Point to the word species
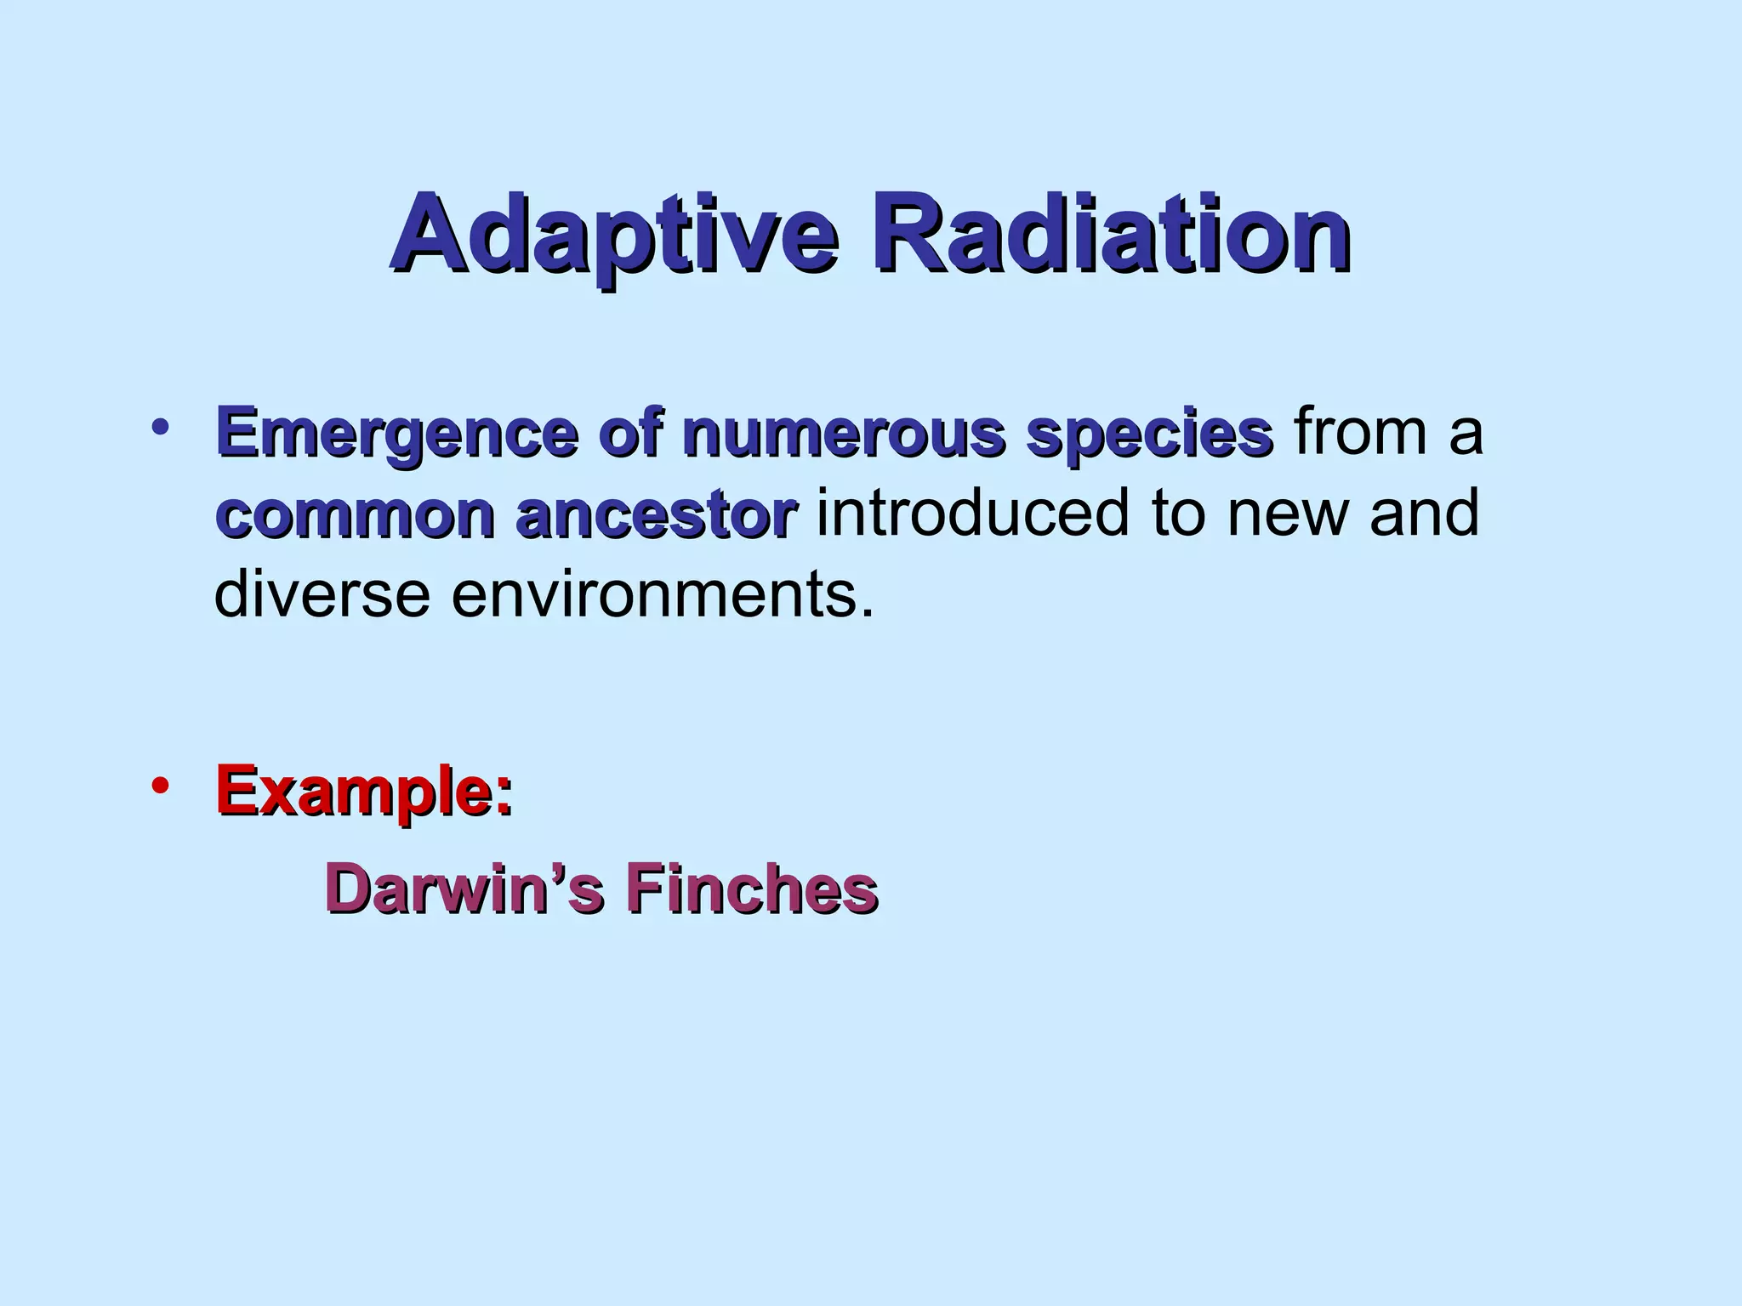[1149, 434]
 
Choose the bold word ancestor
[656, 515]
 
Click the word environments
[662, 594]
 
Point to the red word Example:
[364, 791]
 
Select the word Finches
[751, 889]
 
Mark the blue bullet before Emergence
[160, 427]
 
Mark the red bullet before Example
[160, 786]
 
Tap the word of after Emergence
[630, 434]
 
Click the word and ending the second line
[1425, 513]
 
